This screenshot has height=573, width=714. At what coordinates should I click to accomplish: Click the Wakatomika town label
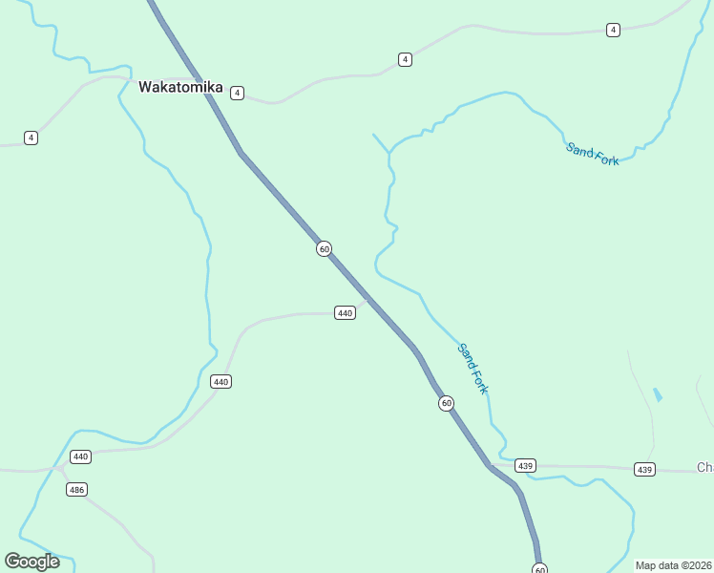[x=180, y=87]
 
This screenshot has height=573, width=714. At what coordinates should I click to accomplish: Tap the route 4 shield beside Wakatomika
[x=237, y=93]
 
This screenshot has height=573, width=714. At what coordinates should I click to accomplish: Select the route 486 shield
[x=77, y=490]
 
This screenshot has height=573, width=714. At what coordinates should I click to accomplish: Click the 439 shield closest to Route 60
[x=525, y=465]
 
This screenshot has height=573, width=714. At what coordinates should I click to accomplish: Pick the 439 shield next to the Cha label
[x=644, y=469]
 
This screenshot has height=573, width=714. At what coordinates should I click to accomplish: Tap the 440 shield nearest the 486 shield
[x=80, y=456]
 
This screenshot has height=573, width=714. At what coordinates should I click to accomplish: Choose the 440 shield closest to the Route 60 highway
[x=345, y=312]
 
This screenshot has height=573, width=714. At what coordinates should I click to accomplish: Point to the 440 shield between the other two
[x=221, y=381]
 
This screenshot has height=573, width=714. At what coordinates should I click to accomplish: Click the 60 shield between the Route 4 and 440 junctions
[x=325, y=248]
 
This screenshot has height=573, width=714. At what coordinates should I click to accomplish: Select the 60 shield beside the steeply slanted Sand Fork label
[x=447, y=403]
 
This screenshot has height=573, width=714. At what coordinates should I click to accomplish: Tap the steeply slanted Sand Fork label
[x=472, y=368]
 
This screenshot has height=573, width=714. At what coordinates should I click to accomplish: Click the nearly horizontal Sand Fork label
[x=593, y=154]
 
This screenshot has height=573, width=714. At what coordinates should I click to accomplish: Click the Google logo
[x=32, y=562]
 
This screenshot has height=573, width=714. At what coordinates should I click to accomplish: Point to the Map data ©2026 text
[x=674, y=564]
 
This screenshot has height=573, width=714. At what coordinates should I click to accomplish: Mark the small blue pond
[x=657, y=393]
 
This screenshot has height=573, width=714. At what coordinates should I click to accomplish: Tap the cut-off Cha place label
[x=704, y=467]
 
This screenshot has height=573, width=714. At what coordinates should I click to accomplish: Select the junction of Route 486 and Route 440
[x=60, y=468]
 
